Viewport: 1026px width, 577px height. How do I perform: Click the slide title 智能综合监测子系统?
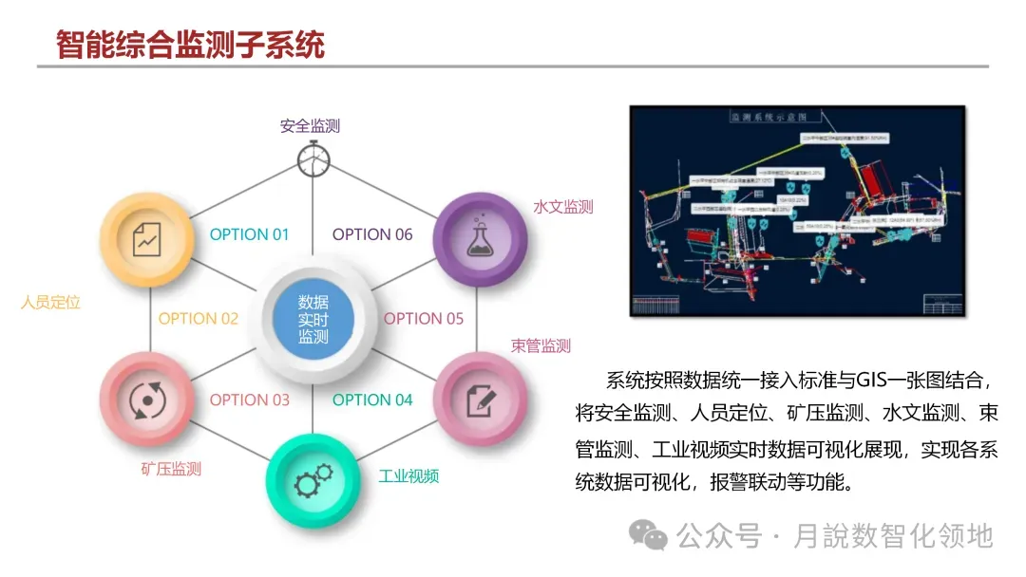click(x=190, y=44)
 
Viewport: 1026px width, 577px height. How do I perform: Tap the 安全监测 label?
click(x=310, y=125)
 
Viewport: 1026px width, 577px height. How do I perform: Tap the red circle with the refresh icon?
click(x=146, y=400)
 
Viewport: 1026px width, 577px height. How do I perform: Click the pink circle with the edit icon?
click(x=480, y=400)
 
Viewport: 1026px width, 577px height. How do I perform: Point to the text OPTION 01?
click(x=249, y=234)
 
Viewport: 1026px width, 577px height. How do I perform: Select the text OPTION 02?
click(x=199, y=319)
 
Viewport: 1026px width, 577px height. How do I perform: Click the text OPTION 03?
click(x=249, y=400)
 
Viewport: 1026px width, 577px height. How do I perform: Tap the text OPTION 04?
click(x=372, y=400)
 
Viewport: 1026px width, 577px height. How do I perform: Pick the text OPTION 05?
click(x=424, y=319)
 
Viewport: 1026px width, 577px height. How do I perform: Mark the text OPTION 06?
click(x=372, y=234)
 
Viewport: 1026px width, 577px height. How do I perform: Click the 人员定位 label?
click(x=51, y=303)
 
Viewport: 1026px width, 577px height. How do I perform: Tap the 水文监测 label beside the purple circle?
click(x=563, y=207)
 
